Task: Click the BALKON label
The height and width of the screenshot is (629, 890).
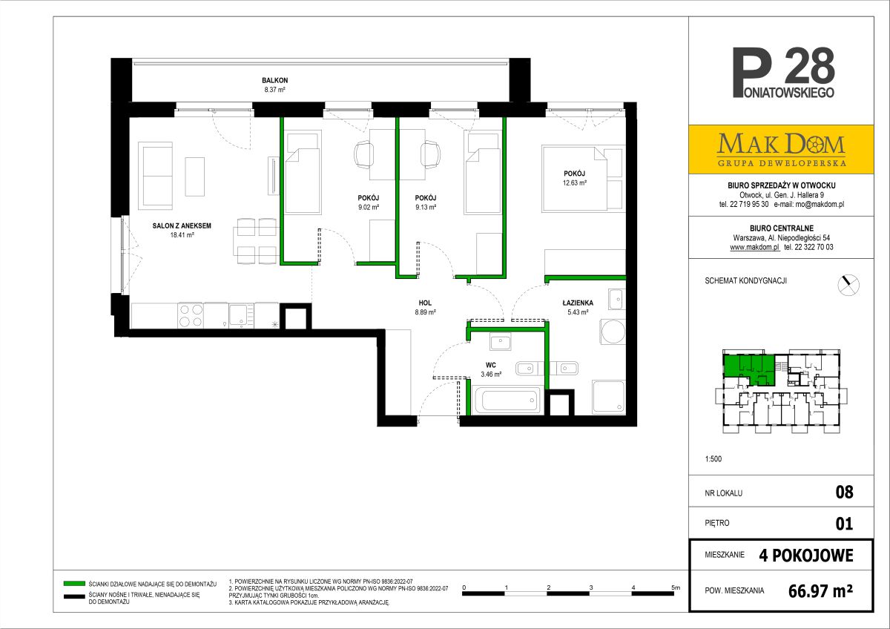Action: coord(274,80)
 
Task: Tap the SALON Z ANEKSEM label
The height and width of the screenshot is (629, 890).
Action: coord(182,225)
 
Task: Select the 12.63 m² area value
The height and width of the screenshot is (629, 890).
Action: coord(575,182)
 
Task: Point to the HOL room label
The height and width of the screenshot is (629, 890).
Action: coord(425,303)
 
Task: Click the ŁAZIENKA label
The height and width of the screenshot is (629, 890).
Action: coord(578,303)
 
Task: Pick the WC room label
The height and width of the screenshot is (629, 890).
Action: coord(491,365)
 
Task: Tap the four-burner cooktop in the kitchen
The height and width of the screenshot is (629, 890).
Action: coord(191,315)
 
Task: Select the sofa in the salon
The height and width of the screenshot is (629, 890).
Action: coord(155,176)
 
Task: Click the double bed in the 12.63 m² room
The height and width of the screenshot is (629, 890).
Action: coord(574,178)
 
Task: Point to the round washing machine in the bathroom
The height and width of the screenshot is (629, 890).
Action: coord(613,332)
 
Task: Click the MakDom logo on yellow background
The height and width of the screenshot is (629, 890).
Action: coord(781,149)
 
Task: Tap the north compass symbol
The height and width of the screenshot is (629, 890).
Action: coord(848,285)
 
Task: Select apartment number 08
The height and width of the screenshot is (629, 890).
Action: coord(844,492)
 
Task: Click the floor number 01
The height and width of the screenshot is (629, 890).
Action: coord(844,524)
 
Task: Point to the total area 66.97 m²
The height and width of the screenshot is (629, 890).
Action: coord(820,591)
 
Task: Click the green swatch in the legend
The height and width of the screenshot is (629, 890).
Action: coord(74,583)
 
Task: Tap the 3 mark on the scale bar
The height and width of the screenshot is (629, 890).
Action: coord(591,587)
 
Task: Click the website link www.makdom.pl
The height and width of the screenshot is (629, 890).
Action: coord(754,247)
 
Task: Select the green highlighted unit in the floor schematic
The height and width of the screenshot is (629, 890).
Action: coord(748,369)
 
